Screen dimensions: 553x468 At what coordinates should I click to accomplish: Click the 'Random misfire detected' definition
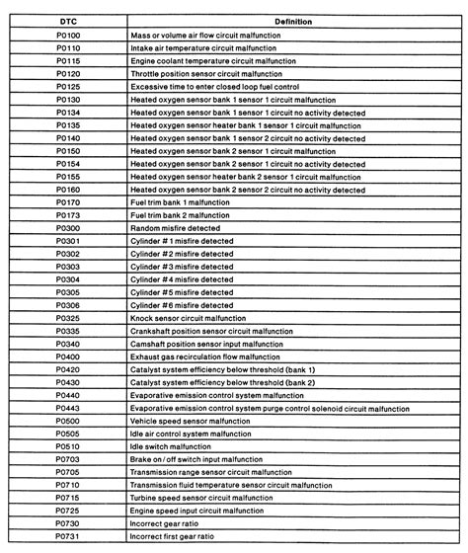(x=176, y=227)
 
